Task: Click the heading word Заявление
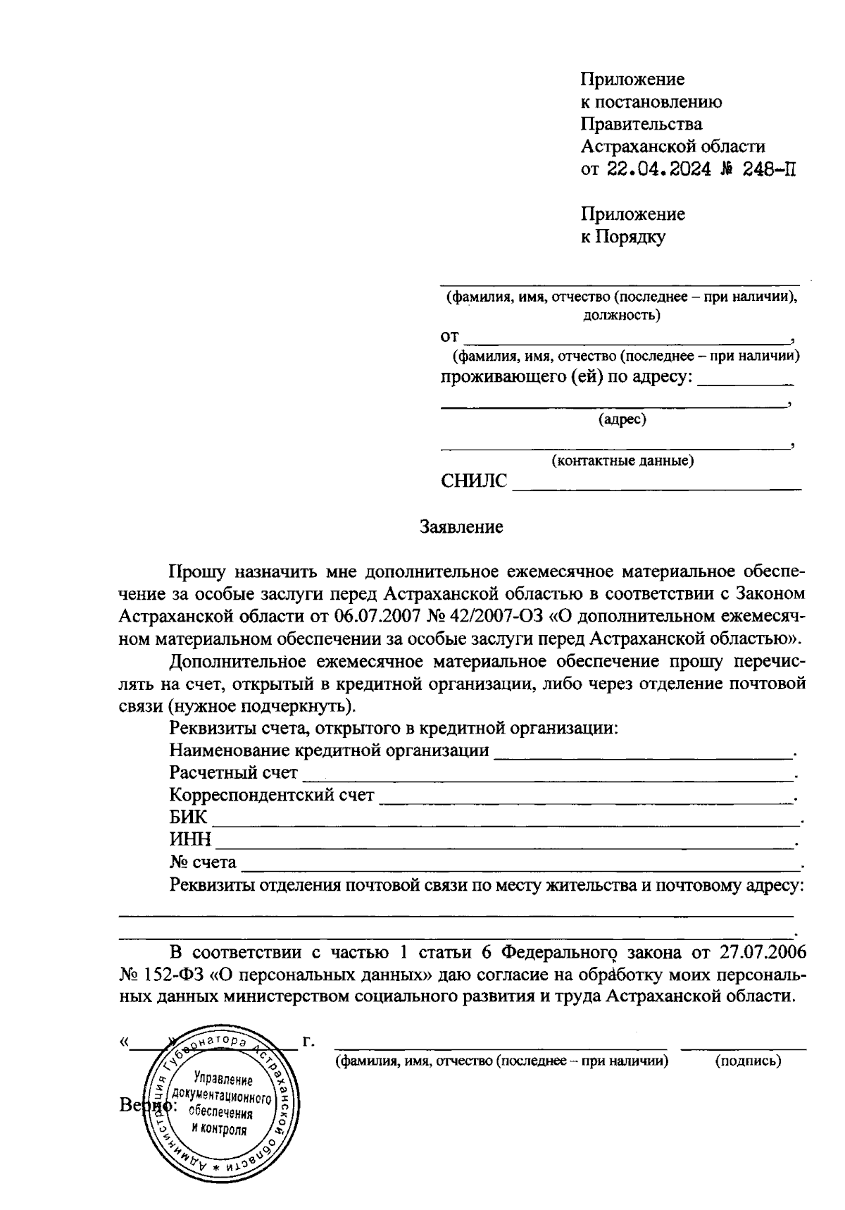[461, 527]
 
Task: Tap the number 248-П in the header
[770, 169]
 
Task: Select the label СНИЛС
[473, 481]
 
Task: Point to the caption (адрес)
[622, 420]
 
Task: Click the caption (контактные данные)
[622, 461]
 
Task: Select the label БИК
[189, 817]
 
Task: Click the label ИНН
[190, 840]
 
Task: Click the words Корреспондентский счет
[272, 796]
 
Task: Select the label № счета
[203, 863]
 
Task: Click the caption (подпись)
[747, 1061]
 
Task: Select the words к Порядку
[622, 237]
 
